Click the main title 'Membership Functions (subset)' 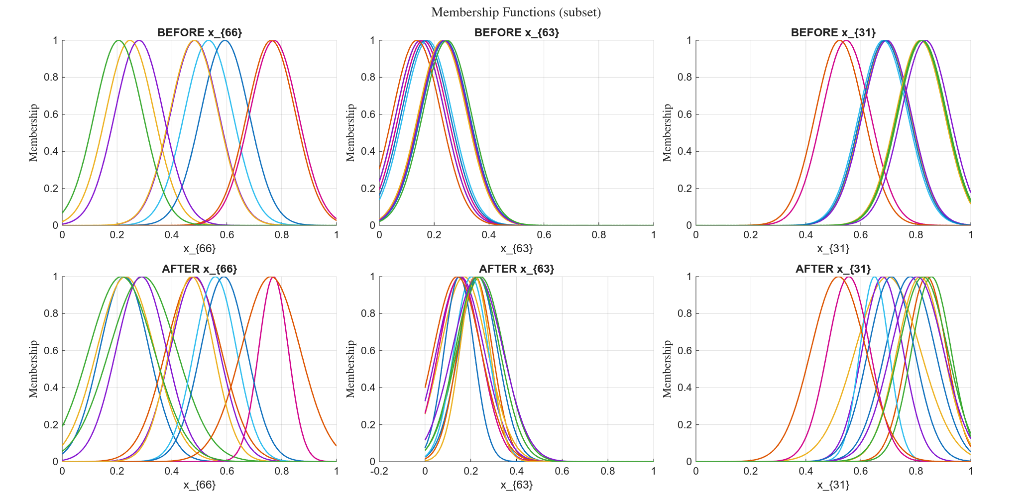(516, 12)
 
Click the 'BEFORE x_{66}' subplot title (200, 33)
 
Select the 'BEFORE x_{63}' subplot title (517, 33)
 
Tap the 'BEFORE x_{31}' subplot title (833, 33)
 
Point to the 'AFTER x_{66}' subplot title (200, 269)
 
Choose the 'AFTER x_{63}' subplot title (517, 269)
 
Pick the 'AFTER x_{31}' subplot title (833, 269)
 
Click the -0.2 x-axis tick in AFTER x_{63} (379, 471)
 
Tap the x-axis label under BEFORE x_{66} (200, 249)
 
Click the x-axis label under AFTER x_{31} (833, 485)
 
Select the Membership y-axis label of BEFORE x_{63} (350, 133)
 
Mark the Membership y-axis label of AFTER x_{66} (33, 369)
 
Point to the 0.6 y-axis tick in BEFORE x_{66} (51, 114)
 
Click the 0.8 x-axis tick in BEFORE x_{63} (599, 235)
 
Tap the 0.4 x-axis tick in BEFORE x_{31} (806, 235)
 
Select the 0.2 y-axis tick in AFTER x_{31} (685, 425)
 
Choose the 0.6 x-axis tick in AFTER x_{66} (227, 471)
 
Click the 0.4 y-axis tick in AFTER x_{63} (368, 388)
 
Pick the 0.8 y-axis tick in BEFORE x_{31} (685, 77)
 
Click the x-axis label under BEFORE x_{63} (517, 249)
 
